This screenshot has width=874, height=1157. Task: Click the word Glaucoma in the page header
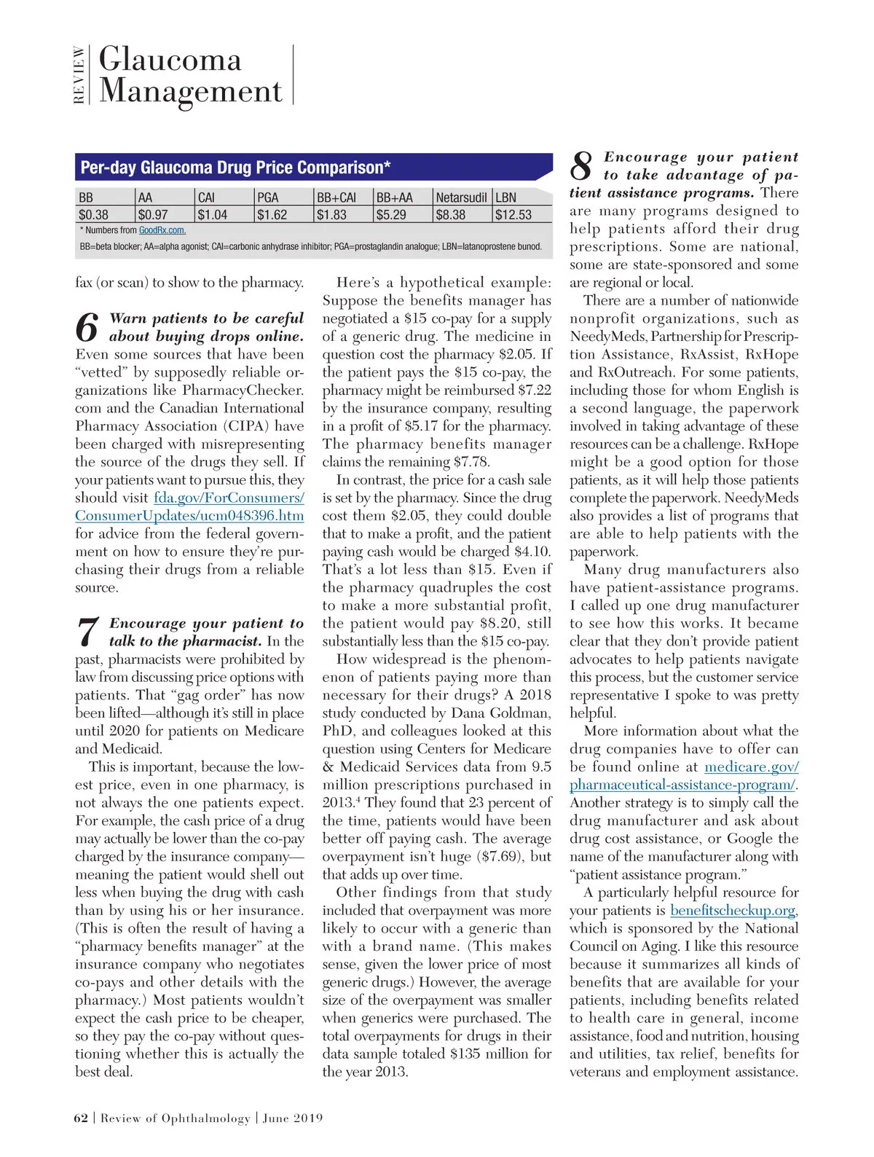(x=170, y=60)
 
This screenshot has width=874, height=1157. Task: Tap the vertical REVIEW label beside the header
(x=79, y=75)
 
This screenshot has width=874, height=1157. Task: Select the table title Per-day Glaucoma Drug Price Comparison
(x=235, y=168)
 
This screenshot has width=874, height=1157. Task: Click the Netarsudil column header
(x=461, y=197)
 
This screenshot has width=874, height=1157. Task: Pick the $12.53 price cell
(x=513, y=215)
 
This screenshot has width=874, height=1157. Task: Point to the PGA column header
(x=268, y=197)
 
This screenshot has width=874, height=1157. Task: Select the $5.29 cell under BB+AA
(x=391, y=215)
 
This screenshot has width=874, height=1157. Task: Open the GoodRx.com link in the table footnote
(x=162, y=230)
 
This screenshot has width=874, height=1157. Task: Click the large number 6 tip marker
(x=87, y=328)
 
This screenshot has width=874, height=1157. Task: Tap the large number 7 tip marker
(x=87, y=632)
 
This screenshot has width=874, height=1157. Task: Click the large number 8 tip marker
(x=581, y=166)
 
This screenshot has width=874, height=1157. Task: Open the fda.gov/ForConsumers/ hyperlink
(x=229, y=498)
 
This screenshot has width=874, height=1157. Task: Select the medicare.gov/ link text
(x=752, y=767)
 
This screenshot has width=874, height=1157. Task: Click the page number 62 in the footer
(x=81, y=1118)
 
